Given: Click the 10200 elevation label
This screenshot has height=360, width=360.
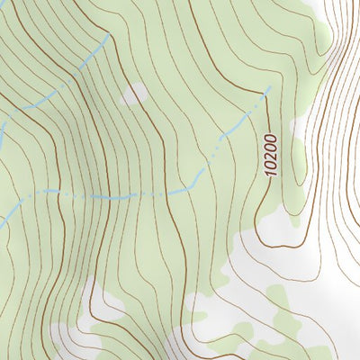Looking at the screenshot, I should coord(271,154).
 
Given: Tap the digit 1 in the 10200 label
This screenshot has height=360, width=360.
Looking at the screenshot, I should coord(272,172).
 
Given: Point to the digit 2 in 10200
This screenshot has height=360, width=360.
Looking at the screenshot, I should coord(271,154).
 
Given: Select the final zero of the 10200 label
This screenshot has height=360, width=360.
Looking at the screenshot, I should coord(271,137).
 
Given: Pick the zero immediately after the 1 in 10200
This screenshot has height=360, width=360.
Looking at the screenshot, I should coord(272,164).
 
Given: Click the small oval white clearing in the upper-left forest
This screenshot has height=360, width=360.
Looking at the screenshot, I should coord(135,94).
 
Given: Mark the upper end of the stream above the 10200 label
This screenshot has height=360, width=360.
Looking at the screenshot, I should coord(268,88).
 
